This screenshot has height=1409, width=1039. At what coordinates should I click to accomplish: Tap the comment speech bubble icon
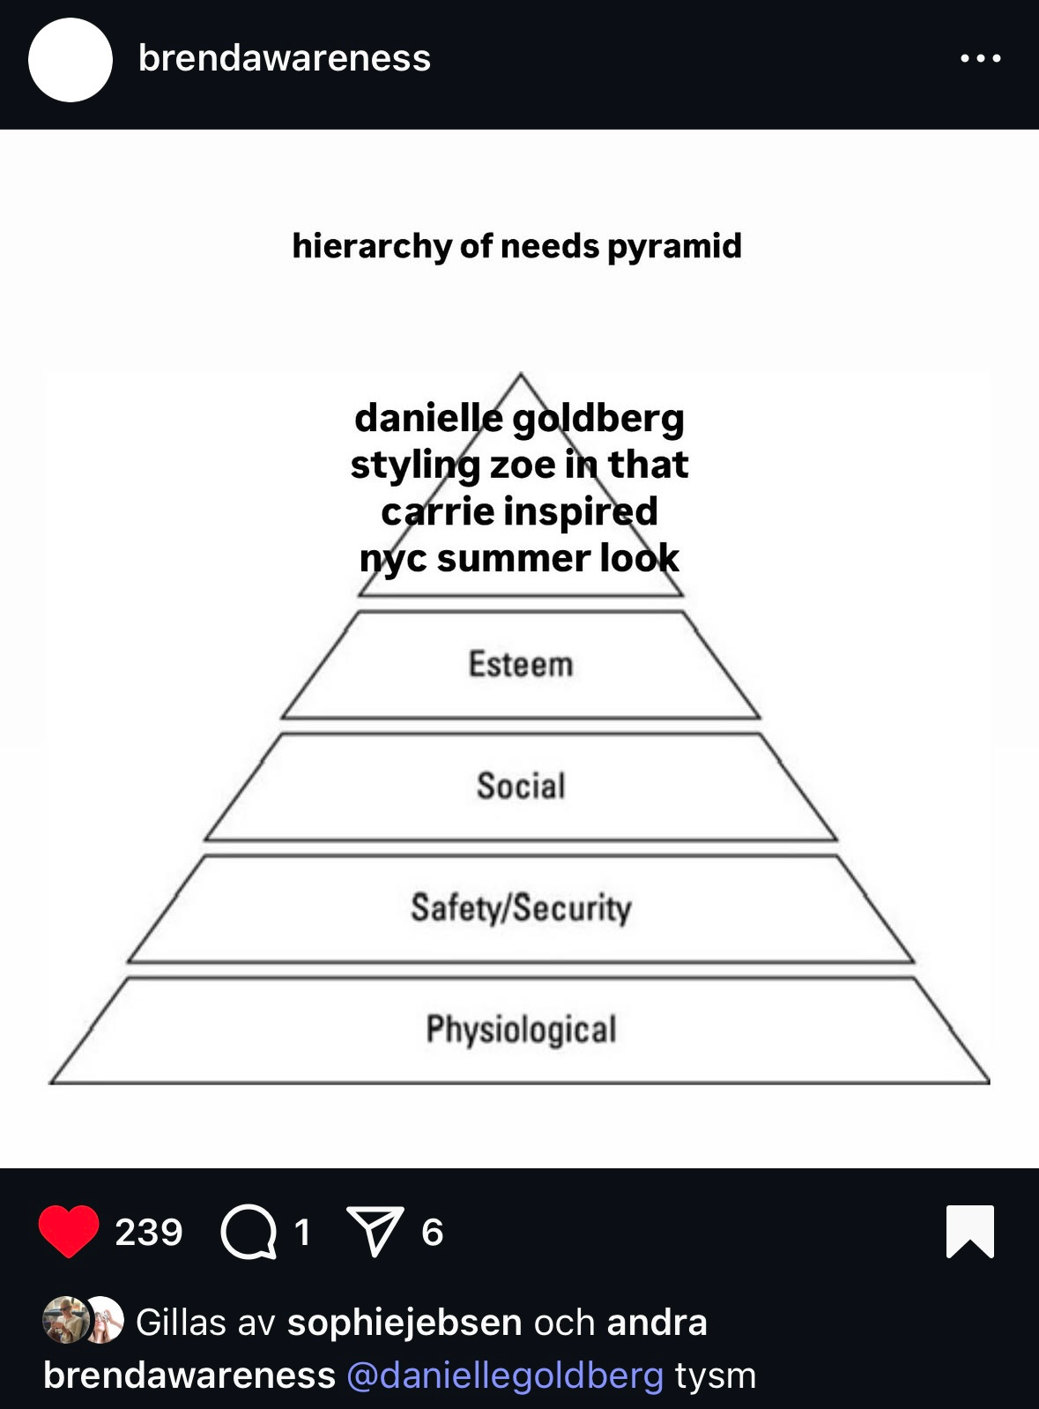tap(249, 1231)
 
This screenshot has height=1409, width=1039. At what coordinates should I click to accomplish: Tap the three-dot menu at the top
tap(980, 58)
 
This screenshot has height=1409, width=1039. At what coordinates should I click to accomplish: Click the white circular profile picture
tap(71, 60)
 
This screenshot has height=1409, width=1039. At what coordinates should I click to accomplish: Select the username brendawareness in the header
tap(284, 58)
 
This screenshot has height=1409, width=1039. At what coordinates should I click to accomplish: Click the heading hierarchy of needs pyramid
tap(516, 246)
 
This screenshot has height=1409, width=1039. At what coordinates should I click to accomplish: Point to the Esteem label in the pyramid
tap(520, 665)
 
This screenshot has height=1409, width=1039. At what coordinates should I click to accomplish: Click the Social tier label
tap(521, 786)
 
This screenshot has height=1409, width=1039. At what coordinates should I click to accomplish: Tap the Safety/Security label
tap(521, 907)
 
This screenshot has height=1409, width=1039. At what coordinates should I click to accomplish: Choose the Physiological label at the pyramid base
tap(521, 1029)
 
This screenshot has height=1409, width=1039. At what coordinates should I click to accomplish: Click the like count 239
tap(148, 1232)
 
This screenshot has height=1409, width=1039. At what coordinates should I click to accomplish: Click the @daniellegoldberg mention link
tap(504, 1375)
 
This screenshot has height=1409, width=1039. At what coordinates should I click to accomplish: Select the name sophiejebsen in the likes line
tap(405, 1323)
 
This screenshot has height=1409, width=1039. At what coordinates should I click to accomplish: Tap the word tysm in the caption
tap(716, 1375)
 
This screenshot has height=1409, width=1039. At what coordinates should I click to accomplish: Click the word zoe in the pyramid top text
tap(523, 465)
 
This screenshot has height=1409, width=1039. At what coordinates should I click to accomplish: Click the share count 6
tap(432, 1232)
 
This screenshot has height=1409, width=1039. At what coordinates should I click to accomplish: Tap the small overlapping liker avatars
tap(83, 1320)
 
